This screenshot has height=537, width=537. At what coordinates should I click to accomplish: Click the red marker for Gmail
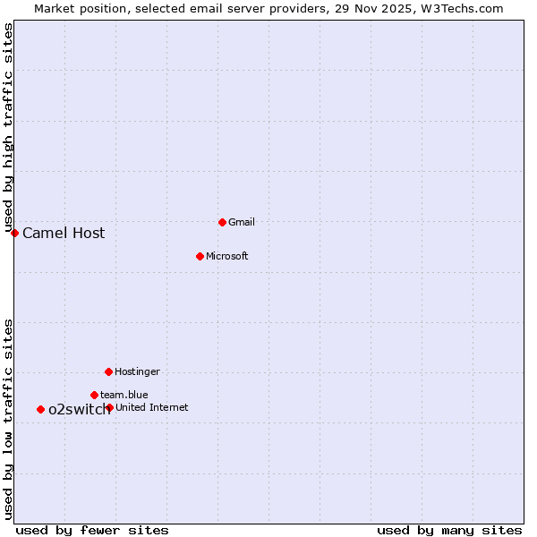tap(222, 222)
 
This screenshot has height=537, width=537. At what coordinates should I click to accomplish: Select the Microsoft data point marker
tap(200, 256)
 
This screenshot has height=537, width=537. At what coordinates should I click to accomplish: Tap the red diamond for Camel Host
tap(14, 233)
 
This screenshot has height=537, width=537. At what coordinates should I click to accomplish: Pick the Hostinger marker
tap(108, 371)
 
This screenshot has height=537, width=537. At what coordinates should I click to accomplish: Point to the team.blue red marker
tap(94, 395)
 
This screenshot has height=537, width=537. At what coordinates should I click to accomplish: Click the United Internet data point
tap(109, 407)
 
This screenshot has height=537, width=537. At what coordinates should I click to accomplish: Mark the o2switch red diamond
tap(40, 409)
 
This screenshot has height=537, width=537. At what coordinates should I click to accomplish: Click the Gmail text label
tap(242, 222)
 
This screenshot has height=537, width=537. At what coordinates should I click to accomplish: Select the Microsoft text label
tap(226, 256)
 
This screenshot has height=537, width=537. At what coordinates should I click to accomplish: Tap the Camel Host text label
tap(64, 234)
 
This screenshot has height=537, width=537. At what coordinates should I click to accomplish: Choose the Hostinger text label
tap(137, 371)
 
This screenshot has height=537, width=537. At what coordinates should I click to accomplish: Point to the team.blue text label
tap(124, 395)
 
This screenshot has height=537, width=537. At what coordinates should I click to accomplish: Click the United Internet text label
tap(152, 407)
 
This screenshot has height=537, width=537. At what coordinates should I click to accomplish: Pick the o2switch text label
tap(79, 410)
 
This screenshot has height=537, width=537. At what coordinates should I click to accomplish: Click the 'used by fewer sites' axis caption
tap(92, 530)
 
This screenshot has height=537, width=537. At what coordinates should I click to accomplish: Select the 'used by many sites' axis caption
tap(449, 530)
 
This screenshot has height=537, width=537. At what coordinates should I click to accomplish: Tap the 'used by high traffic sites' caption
tap(9, 128)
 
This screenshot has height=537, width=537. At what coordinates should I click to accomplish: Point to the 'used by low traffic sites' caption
tap(9, 419)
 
